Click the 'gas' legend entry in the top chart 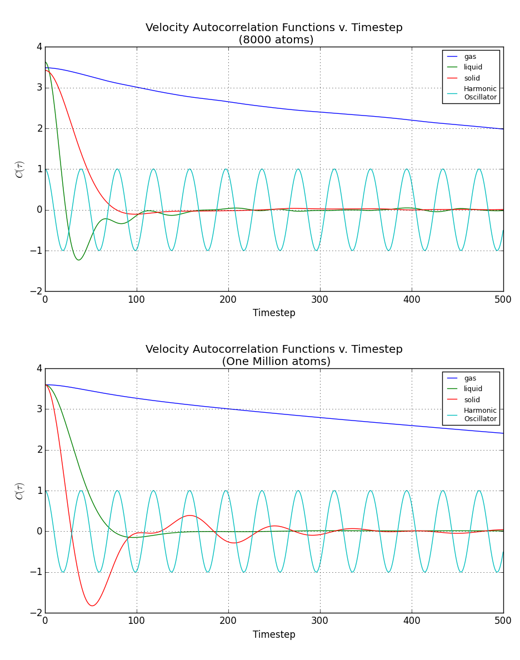tap(470, 57)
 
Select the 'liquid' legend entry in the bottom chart tap(473, 389)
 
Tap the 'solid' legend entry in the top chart tap(472, 78)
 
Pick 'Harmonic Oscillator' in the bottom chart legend tap(480, 414)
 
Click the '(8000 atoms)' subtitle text tap(276, 40)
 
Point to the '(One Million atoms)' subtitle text tap(276, 362)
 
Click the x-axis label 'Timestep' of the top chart tap(274, 313)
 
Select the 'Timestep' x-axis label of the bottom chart tap(274, 634)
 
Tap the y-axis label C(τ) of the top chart tap(20, 169)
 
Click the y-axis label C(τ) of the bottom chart tap(20, 491)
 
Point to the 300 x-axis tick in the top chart tap(320, 299)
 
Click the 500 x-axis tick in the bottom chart tap(503, 621)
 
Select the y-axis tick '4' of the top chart tap(39, 47)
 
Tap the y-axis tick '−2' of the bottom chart tap(36, 613)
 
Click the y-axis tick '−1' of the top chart tap(36, 251)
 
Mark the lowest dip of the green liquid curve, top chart tap(78, 259)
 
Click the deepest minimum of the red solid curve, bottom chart tap(92, 606)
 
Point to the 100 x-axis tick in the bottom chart tap(137, 621)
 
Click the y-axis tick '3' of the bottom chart tap(39, 409)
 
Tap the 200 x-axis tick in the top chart tap(228, 299)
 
